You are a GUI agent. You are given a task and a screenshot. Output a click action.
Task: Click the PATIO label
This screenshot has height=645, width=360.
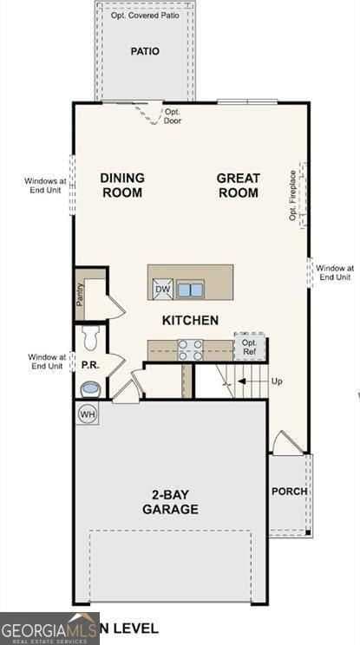pos(145,51)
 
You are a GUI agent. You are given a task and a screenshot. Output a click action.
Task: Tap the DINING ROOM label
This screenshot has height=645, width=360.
pos(121,186)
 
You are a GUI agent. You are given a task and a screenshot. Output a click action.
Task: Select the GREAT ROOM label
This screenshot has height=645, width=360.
pos(238,186)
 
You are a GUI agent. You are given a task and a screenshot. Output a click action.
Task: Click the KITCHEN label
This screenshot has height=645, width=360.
pos(190,320)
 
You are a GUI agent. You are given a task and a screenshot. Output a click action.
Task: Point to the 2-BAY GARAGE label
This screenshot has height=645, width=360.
pos(170,503)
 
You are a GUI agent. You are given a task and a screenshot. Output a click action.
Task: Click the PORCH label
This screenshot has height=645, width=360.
pos(289,491)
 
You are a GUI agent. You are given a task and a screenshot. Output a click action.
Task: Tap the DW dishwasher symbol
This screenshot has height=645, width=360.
pos(162,290)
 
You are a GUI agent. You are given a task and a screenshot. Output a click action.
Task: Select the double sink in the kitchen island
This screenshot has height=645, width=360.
pos(191,290)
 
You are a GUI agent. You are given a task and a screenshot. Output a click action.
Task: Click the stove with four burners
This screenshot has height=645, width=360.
pos(190,349)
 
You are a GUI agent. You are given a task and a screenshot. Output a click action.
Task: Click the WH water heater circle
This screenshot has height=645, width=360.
pos(88,414)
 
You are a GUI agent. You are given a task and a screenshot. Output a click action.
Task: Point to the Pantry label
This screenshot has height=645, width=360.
pos(80,296)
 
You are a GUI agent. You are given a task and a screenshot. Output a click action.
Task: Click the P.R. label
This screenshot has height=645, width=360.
pos(89,365)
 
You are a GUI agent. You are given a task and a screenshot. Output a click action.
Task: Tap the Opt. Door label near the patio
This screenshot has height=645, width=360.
pos(173,116)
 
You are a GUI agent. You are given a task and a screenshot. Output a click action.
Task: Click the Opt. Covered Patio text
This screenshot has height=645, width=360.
pos(144,16)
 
